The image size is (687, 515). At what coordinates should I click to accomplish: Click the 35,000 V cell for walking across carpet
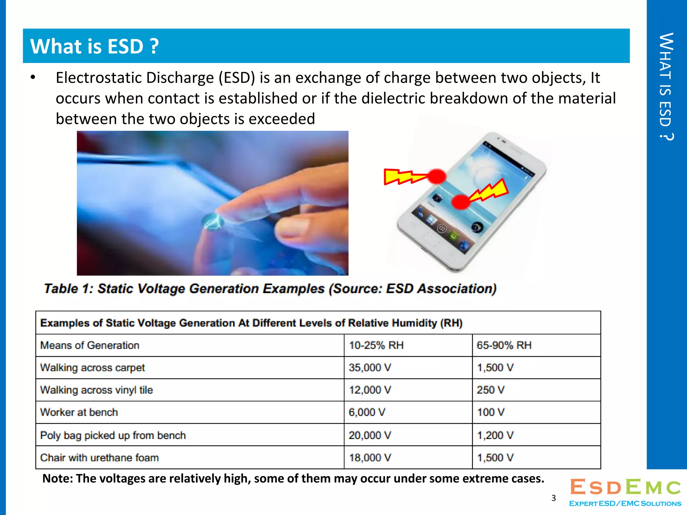[x=370, y=368]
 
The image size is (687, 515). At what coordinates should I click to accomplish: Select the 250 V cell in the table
[x=490, y=390]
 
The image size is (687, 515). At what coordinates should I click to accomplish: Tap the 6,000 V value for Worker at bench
[x=367, y=412]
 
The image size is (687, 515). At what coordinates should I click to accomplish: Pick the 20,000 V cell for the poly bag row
[x=370, y=435]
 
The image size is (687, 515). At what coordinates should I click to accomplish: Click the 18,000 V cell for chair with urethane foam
[x=370, y=458]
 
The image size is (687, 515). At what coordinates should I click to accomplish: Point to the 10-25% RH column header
[x=376, y=345]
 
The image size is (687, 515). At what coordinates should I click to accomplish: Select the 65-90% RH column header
[x=504, y=345]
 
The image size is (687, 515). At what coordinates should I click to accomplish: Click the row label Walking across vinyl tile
[x=96, y=390]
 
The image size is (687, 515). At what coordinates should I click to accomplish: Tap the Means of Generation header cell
[x=90, y=345]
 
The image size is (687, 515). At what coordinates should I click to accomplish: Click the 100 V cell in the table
[x=490, y=412]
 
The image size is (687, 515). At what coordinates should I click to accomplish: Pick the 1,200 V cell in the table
[x=495, y=435]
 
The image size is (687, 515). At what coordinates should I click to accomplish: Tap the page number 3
[x=553, y=498]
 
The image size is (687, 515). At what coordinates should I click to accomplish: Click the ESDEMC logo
[x=625, y=492]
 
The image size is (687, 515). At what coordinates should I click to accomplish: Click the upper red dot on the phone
[x=436, y=176]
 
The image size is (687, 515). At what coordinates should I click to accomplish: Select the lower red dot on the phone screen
[x=461, y=202]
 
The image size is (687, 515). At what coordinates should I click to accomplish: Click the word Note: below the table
[x=57, y=478]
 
